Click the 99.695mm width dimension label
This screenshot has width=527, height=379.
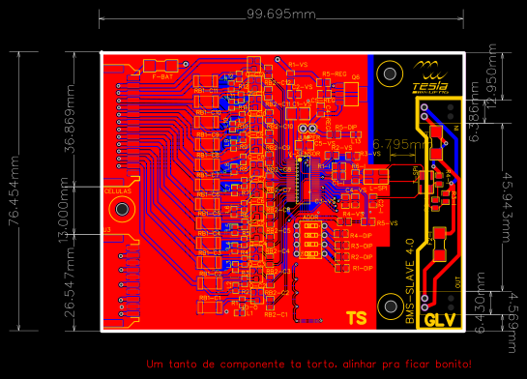tap(280, 15)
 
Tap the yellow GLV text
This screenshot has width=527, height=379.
tap(440, 317)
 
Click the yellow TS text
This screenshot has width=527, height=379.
tap(356, 317)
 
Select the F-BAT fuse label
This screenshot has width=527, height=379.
tap(163, 74)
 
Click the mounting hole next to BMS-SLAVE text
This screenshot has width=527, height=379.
tap(390, 307)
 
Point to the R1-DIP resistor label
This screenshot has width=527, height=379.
tap(361, 268)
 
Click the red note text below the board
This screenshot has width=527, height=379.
tap(307, 364)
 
